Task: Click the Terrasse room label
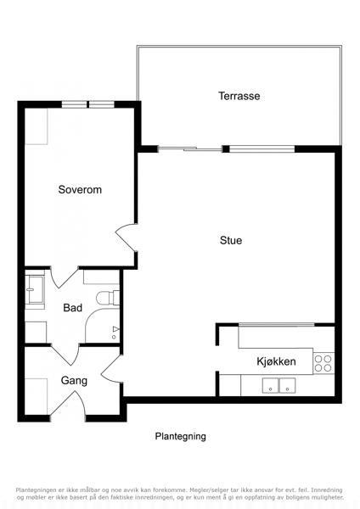click(239, 96)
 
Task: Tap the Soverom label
click(80, 189)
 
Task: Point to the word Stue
click(231, 240)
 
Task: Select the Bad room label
click(72, 307)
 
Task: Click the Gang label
click(74, 381)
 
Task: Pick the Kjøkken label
click(276, 361)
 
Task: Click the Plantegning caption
click(180, 436)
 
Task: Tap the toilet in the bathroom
click(108, 298)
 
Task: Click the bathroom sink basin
click(35, 289)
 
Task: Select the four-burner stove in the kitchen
click(323, 363)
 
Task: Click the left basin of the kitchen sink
click(270, 385)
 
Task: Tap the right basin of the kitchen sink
click(287, 385)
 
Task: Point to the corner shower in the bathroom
click(103, 326)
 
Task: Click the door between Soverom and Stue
click(127, 238)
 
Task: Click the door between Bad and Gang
click(65, 354)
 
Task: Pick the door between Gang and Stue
click(112, 368)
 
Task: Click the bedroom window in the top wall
click(88, 104)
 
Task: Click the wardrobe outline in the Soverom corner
click(37, 126)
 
